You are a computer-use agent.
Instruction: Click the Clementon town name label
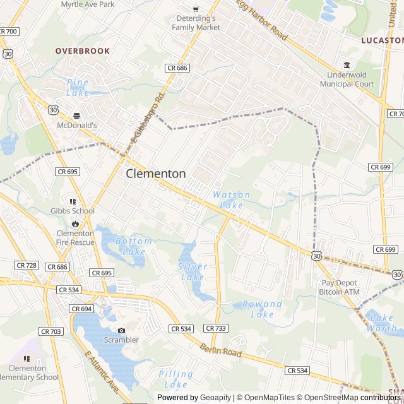click(x=156, y=174)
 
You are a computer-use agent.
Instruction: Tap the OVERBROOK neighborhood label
click(x=82, y=50)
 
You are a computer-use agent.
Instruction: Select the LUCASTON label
click(x=382, y=40)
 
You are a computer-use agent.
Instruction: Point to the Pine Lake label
click(x=78, y=88)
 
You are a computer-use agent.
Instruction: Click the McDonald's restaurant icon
click(x=77, y=116)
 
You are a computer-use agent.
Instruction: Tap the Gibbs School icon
click(x=73, y=201)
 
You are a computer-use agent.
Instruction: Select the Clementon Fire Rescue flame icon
click(x=75, y=223)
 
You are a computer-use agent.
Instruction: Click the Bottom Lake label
click(x=133, y=246)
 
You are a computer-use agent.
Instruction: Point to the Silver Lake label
click(x=192, y=271)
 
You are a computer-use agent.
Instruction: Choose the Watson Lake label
click(x=231, y=199)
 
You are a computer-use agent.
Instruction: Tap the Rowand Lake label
click(x=262, y=309)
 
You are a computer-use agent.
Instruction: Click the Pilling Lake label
click(x=175, y=379)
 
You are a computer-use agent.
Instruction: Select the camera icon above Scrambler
click(x=121, y=330)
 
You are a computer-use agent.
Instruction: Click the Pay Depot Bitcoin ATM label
click(x=340, y=287)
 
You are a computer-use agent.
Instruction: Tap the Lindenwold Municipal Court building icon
click(x=347, y=64)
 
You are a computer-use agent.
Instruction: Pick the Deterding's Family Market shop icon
click(x=196, y=9)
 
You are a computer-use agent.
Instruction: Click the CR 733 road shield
click(x=216, y=328)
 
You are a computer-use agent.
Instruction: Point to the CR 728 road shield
click(x=27, y=265)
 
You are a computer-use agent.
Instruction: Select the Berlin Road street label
click(x=221, y=351)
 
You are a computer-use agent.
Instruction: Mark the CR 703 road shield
click(x=50, y=331)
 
